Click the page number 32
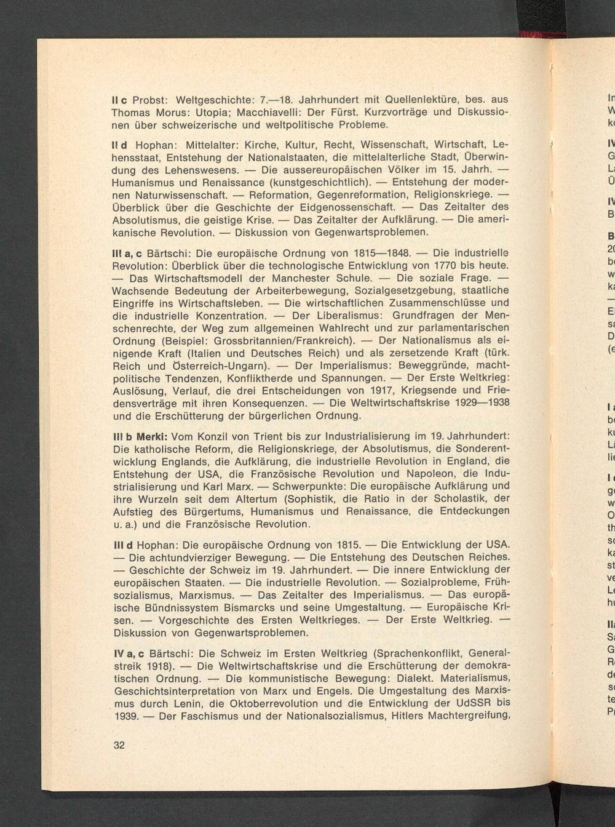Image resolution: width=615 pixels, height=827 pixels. tap(119, 745)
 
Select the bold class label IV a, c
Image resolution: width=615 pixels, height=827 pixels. tap(129, 653)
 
